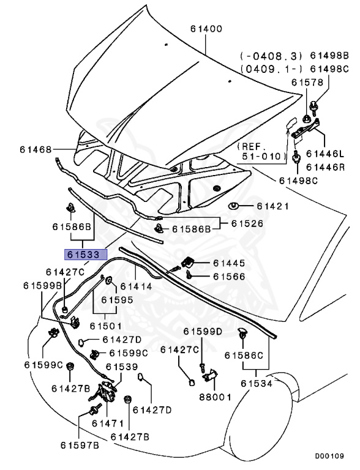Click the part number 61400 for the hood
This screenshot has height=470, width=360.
[x=206, y=29]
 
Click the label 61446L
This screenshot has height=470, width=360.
[x=325, y=154]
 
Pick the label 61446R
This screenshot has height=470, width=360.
[x=325, y=166]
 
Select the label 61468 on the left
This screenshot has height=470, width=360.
[x=35, y=149]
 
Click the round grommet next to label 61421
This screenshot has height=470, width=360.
[x=233, y=206]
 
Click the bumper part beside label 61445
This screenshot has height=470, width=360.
[x=189, y=263]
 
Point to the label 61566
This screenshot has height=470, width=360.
[x=228, y=277]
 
